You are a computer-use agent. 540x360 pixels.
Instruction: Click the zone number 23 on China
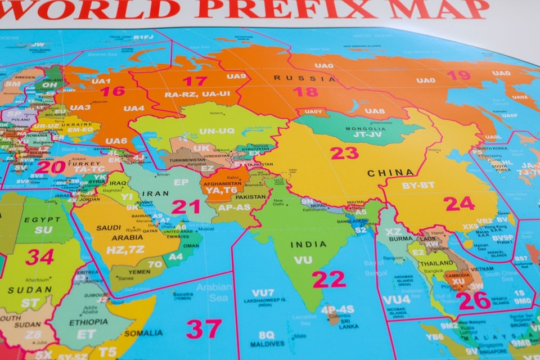pyautogui.click(x=344, y=152)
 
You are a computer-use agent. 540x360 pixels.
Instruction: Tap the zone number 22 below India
pyautogui.click(x=329, y=279)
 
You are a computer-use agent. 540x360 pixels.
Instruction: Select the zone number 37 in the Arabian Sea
pyautogui.click(x=204, y=328)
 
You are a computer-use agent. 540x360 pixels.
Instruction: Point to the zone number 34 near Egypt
pyautogui.click(x=40, y=256)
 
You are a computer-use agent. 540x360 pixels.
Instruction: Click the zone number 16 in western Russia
pyautogui.click(x=112, y=91)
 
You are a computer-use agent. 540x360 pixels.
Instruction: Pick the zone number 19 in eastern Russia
pyautogui.click(x=459, y=75)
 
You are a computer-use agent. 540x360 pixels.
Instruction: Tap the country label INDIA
pyautogui.click(x=308, y=244)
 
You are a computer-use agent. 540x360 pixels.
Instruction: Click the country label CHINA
pyautogui.click(x=387, y=173)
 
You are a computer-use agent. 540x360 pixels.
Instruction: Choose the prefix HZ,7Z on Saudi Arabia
pyautogui.click(x=127, y=248)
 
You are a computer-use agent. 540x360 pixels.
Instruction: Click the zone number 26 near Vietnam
pyautogui.click(x=473, y=300)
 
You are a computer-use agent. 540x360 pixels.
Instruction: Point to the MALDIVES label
pyautogui.click(x=268, y=344)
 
